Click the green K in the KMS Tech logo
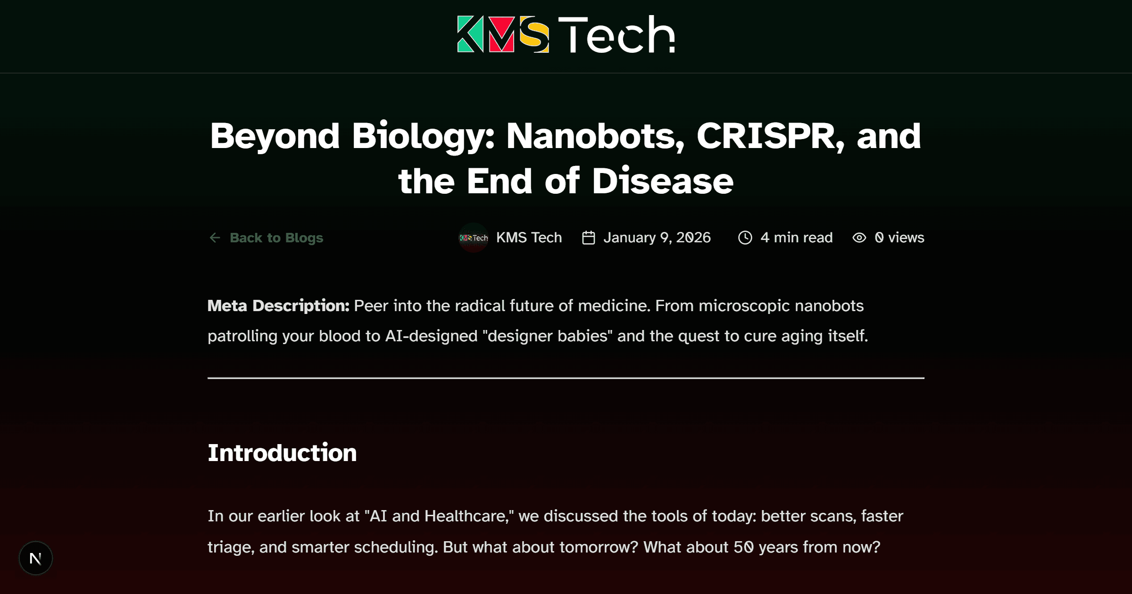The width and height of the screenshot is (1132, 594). [470, 34]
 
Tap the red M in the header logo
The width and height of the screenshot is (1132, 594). [501, 34]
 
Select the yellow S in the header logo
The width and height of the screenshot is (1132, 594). [534, 34]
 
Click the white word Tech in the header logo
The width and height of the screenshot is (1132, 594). [616, 34]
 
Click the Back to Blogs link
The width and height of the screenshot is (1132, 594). [276, 238]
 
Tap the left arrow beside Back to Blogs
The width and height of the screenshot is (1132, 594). [215, 238]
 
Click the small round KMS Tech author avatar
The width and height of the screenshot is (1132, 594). [474, 238]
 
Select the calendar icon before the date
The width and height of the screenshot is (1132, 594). [588, 238]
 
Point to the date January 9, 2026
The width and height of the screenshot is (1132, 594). [657, 238]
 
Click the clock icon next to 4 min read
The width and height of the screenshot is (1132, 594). [745, 238]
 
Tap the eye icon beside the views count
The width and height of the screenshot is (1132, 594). [859, 238]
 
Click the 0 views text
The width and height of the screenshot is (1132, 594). [899, 238]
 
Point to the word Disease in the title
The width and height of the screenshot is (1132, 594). [662, 181]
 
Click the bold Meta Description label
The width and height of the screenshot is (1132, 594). [278, 306]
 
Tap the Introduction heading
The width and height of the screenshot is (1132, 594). [282, 453]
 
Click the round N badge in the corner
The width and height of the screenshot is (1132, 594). [36, 559]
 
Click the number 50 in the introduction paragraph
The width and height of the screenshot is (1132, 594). [743, 547]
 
